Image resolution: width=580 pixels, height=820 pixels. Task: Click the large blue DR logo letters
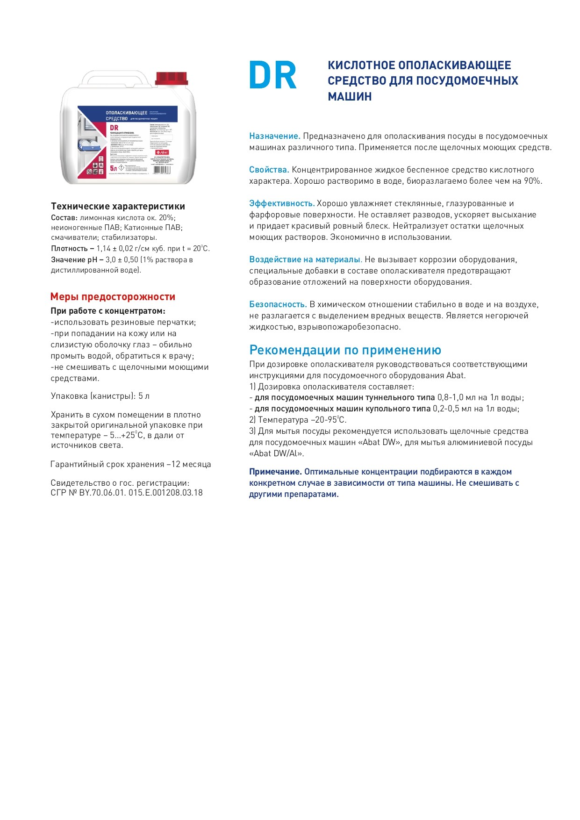[272, 75]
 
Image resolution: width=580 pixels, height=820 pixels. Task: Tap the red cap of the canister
[171, 78]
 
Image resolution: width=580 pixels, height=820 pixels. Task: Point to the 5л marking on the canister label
[114, 168]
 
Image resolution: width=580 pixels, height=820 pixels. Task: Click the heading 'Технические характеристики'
[118, 206]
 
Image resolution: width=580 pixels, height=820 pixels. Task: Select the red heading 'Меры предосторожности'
[113, 297]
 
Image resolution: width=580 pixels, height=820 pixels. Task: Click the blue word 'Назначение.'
[274, 136]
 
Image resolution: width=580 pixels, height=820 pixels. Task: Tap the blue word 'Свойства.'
[269, 170]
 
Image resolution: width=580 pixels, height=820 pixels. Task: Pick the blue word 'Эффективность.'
[281, 203]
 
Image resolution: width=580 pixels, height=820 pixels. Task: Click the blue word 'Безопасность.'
[278, 304]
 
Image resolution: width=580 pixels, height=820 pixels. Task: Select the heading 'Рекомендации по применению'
[345, 350]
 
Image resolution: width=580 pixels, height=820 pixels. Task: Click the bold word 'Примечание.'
[275, 472]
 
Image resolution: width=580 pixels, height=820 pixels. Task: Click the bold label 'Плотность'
[69, 249]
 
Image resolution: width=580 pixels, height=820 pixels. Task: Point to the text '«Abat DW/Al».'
[276, 453]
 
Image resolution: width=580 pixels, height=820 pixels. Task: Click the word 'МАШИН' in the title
[350, 97]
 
